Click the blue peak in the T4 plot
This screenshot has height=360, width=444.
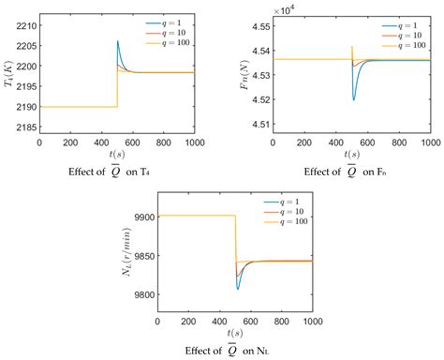(118, 40)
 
